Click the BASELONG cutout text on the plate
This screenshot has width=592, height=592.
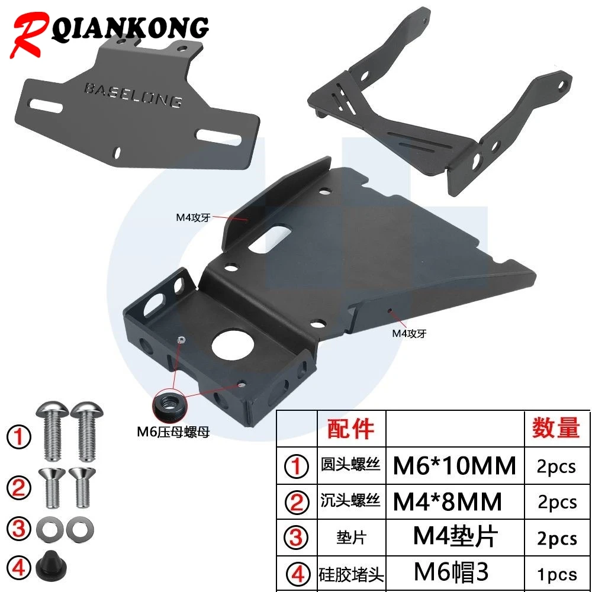pos(133,94)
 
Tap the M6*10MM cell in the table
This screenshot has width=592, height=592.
pos(454,465)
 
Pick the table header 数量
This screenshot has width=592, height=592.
pos(556,428)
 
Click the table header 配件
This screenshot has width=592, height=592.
pos(350,429)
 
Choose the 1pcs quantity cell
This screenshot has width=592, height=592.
pos(557,574)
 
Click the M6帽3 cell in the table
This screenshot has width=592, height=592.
pos(451,572)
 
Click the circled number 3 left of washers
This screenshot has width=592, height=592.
pos(18,529)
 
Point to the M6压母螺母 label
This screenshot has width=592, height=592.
pos(173,432)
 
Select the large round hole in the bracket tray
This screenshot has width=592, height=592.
pos(232,345)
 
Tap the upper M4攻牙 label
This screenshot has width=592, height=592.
pos(193,218)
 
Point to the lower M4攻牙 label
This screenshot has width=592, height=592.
pos(409,333)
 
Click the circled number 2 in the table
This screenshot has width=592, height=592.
pos(297,502)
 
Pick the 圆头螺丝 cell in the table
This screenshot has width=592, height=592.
pos(350,465)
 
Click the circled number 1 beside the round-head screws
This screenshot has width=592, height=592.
pos(19,437)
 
